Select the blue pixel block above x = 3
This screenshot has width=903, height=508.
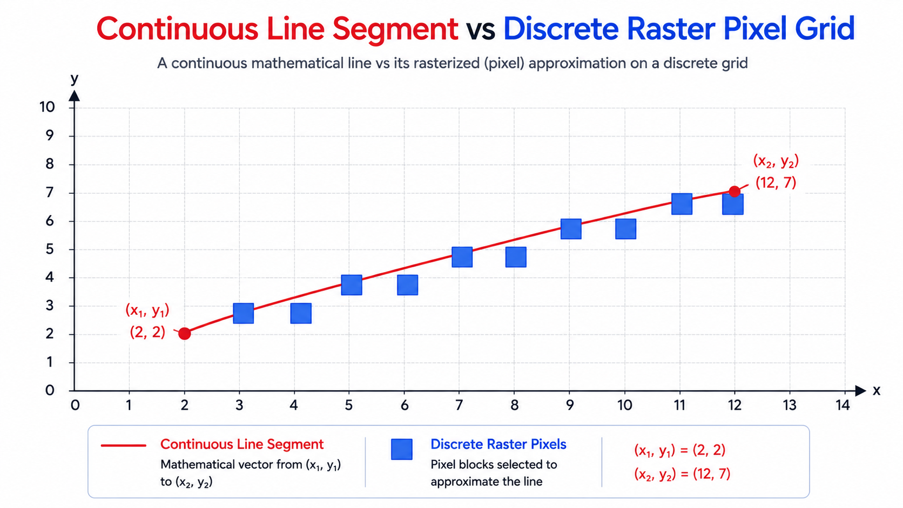click(x=244, y=314)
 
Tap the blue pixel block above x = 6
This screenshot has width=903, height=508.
click(x=408, y=285)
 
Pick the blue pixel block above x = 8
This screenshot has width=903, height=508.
click(x=516, y=257)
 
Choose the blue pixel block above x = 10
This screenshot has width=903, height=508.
click(x=625, y=229)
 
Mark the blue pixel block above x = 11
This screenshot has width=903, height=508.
click(x=682, y=204)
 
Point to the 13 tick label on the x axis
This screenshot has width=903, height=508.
click(x=790, y=405)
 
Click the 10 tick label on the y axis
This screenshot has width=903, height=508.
click(x=47, y=107)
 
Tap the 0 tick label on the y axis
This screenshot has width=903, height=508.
click(x=50, y=390)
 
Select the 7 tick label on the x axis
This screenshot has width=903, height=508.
click(x=459, y=405)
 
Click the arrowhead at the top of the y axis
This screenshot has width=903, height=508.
click(x=74, y=96)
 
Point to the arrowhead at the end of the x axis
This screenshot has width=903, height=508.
click(x=860, y=390)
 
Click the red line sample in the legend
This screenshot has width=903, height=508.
click(x=123, y=445)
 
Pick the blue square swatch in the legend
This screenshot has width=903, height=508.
click(x=401, y=449)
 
